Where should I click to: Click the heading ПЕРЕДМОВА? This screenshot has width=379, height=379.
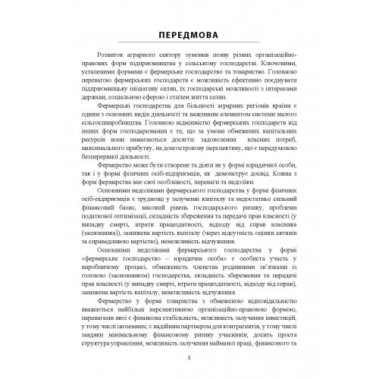point(189,36)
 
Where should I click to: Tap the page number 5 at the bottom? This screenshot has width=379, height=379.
point(189,359)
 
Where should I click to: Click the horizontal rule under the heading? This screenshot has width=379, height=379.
point(189,49)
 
